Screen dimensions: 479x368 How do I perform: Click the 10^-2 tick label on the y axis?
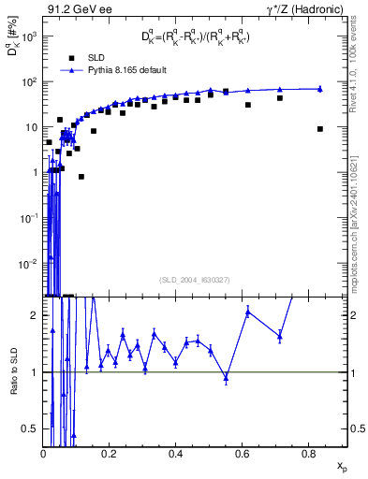tap(28, 262)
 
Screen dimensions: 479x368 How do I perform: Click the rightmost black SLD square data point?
tap(320, 129)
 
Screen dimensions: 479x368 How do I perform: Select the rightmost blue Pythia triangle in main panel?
tap(320, 89)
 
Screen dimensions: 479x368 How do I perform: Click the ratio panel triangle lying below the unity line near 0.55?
tap(226, 378)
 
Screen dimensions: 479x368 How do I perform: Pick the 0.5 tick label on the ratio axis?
tap(35, 428)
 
